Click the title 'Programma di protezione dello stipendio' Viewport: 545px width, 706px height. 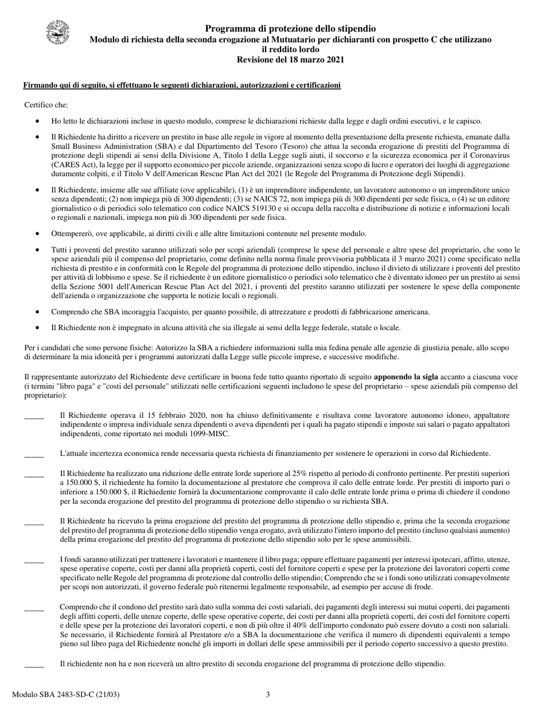290,29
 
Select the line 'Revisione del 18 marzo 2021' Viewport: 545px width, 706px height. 290,60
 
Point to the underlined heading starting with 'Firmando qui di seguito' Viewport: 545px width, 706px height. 182,86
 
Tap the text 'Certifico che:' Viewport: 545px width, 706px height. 46,104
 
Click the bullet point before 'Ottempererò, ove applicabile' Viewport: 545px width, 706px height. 38,234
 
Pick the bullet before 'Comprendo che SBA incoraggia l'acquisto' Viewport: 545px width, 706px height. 38,312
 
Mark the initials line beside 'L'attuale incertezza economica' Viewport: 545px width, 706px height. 34,456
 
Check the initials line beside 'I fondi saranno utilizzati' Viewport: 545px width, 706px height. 34,562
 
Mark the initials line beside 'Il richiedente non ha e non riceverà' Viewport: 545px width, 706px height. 34,666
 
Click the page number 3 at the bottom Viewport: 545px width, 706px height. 267,695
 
